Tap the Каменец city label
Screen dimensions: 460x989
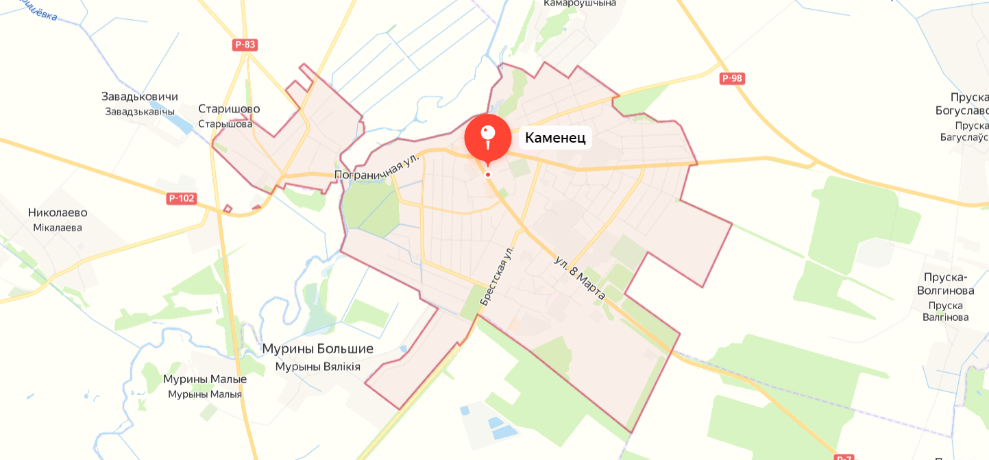(555, 138)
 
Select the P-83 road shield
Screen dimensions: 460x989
(245, 45)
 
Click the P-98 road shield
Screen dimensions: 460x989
(732, 78)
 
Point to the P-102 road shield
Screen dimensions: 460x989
(182, 199)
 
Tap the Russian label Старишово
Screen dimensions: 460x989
(229, 109)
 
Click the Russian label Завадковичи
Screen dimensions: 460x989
(140, 97)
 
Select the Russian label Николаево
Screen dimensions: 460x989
(58, 213)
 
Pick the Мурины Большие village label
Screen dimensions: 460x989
(317, 349)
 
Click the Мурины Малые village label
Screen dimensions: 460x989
(205, 379)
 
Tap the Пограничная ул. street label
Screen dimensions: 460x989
(377, 167)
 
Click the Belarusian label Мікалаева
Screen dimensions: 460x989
(58, 228)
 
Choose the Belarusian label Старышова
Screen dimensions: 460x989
(225, 124)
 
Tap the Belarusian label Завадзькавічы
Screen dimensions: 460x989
(140, 111)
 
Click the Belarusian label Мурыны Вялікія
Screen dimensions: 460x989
(317, 367)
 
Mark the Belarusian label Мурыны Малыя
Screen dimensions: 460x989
(205, 394)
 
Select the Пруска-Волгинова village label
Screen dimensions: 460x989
(945, 284)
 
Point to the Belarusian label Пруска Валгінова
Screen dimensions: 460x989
(945, 311)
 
